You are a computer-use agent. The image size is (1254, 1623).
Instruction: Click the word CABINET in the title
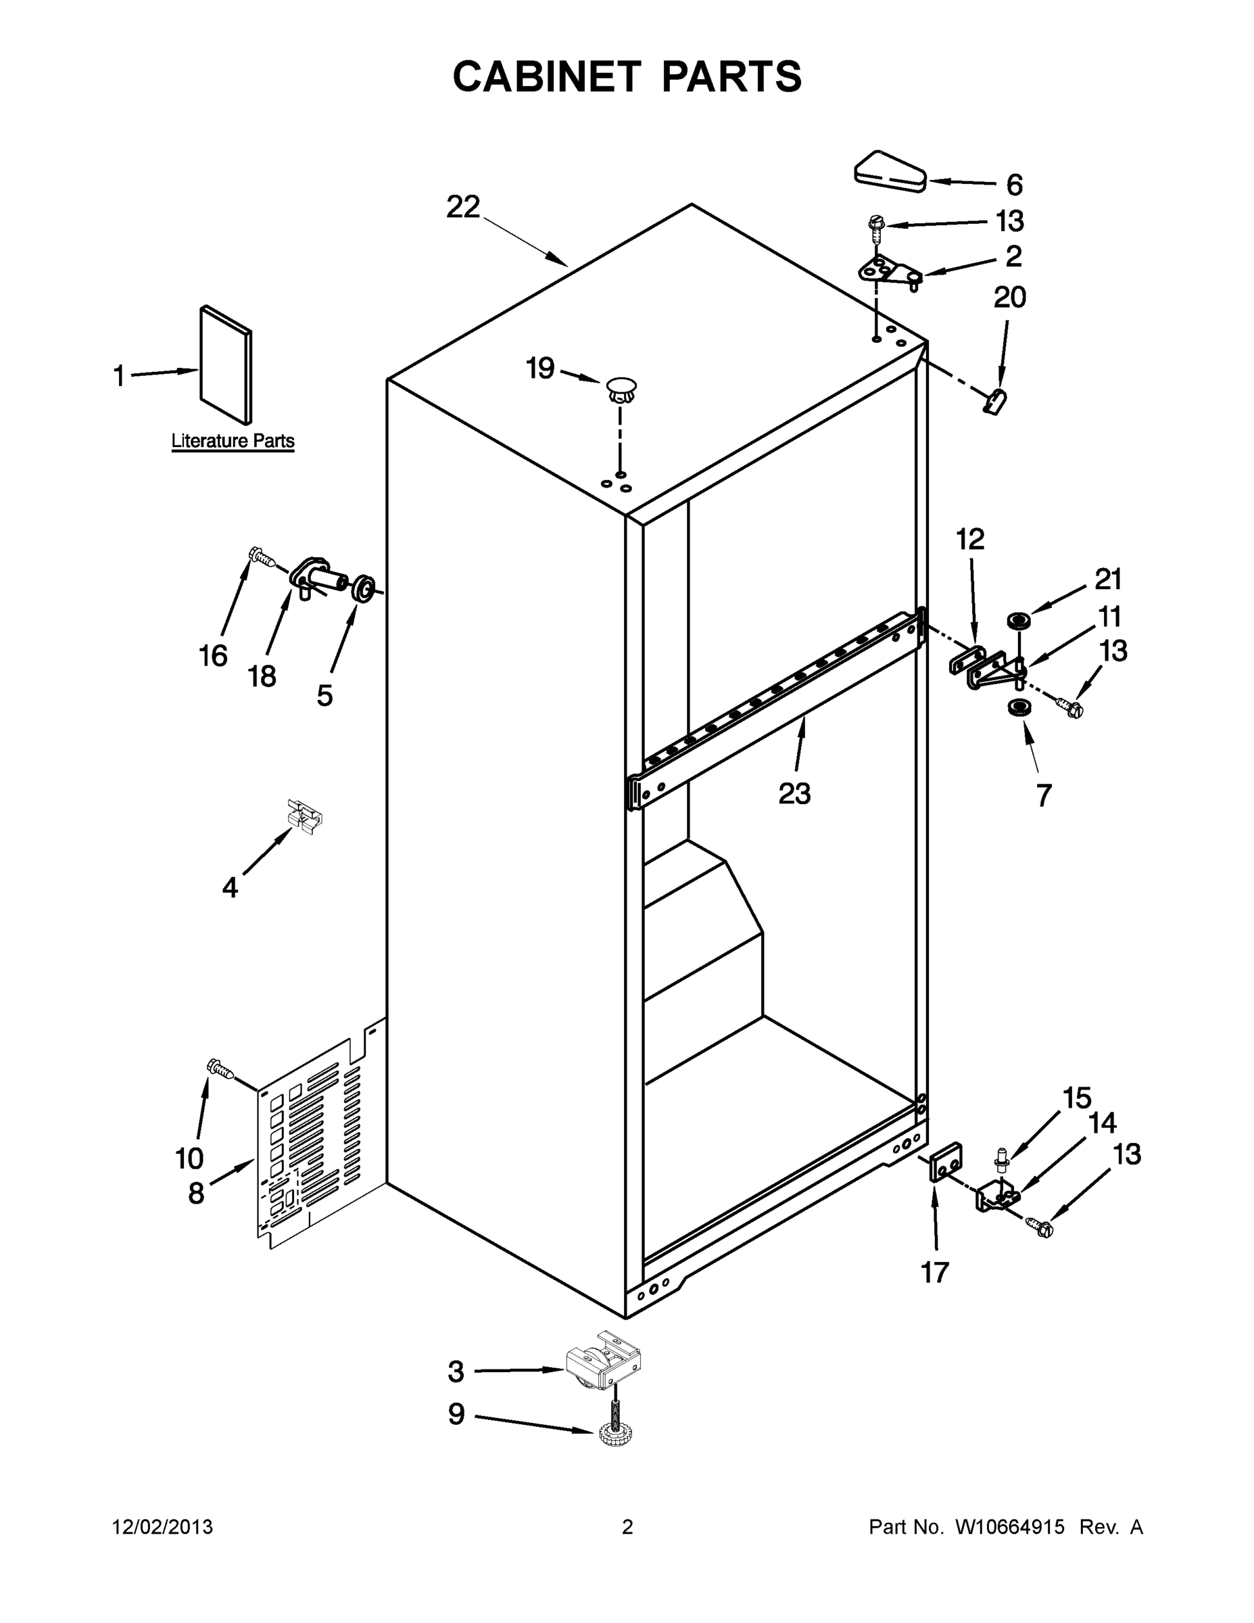point(546,76)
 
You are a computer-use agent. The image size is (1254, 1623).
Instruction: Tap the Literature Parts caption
point(233,441)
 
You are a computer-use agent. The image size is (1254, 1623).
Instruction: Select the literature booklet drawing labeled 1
point(226,364)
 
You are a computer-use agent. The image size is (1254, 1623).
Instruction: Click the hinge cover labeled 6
point(888,173)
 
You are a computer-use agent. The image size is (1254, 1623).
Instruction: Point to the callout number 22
point(463,206)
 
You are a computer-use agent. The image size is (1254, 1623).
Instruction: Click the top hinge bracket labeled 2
point(888,272)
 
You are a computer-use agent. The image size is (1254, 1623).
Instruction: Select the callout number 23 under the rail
point(794,794)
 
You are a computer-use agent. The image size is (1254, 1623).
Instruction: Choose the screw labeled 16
point(260,556)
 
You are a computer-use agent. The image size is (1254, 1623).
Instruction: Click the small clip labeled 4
point(306,813)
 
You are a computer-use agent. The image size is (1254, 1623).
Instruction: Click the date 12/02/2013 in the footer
point(163,1527)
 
